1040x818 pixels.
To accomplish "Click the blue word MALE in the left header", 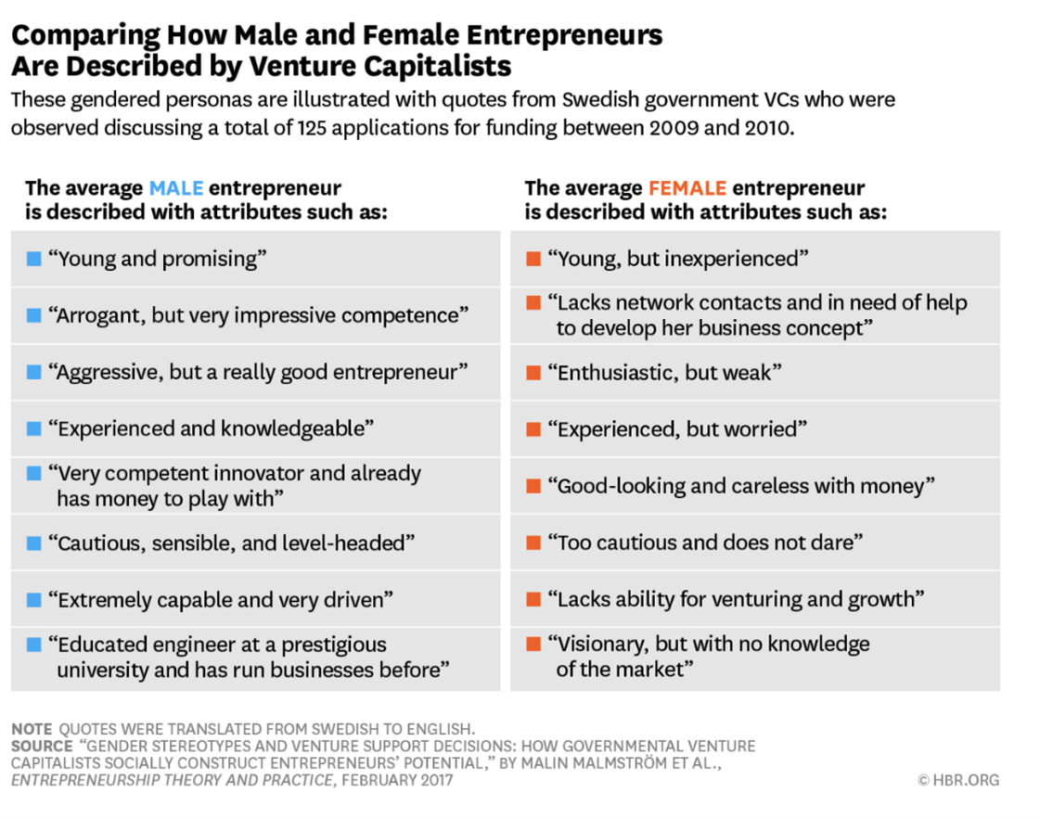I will click(x=175, y=188).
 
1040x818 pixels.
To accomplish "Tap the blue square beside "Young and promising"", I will click(x=34, y=259).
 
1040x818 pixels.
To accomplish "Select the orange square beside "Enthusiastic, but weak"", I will click(x=533, y=373).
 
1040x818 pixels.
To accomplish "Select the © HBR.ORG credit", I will click(x=958, y=780).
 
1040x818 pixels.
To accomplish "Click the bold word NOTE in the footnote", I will click(x=32, y=729).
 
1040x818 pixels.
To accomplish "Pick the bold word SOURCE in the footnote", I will click(x=42, y=746).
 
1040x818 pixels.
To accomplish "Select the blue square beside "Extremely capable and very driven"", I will click(x=34, y=599).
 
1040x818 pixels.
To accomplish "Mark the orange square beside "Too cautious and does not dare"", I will click(x=533, y=543).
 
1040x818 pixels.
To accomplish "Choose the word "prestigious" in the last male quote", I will click(x=329, y=644).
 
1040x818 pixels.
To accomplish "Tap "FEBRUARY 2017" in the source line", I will click(x=397, y=780).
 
